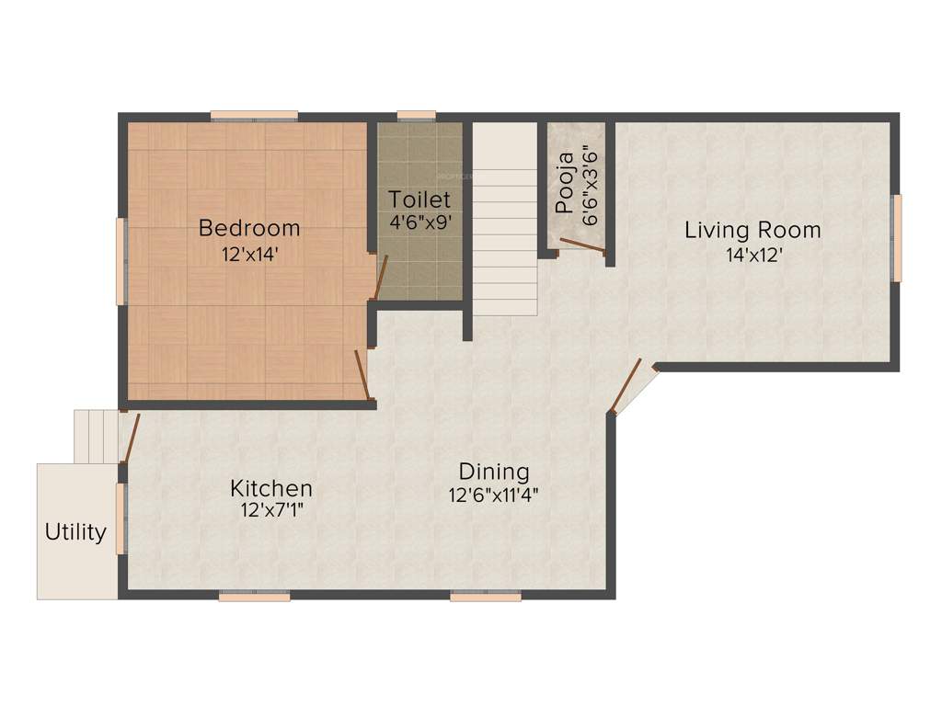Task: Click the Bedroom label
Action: [249, 227]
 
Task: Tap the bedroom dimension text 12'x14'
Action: [249, 254]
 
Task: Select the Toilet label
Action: [419, 199]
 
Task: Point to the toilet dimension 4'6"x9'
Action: [419, 222]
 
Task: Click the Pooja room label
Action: [565, 182]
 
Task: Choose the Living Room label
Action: [752, 230]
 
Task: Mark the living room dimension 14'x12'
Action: [752, 255]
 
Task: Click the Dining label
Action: [494, 472]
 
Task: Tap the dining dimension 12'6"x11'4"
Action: [494, 495]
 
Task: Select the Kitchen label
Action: [271, 488]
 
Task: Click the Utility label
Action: [75, 531]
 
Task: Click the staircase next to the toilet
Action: [505, 221]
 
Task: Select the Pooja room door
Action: [582, 245]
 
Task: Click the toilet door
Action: [380, 277]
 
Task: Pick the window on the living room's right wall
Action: [897, 237]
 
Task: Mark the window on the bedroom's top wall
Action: [254, 116]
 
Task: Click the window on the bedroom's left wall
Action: [121, 260]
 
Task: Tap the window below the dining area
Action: [485, 596]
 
